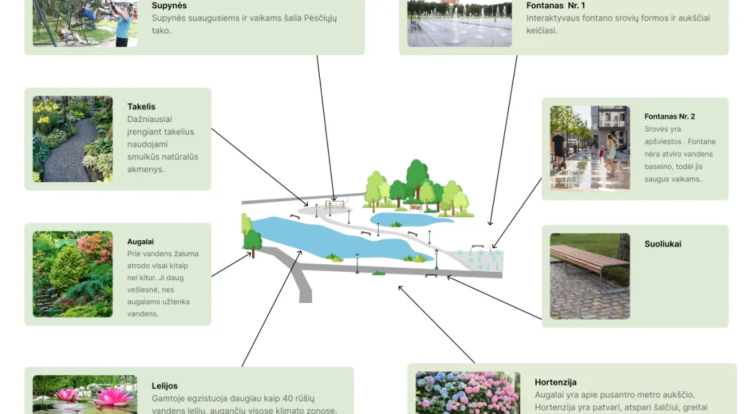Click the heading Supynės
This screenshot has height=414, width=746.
(169, 6)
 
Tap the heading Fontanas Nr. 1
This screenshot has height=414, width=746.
(555, 6)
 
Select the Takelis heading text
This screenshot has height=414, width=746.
(142, 107)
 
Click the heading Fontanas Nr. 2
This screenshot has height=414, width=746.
(669, 117)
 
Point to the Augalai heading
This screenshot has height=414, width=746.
(140, 242)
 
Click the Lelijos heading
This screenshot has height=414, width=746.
(164, 386)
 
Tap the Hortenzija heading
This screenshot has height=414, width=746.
(555, 382)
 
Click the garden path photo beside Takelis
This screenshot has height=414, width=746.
(73, 139)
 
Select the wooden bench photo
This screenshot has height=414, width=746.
(590, 276)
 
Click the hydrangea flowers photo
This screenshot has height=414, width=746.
(468, 393)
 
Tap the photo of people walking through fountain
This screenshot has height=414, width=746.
(590, 148)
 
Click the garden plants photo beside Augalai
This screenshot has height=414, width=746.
(73, 274)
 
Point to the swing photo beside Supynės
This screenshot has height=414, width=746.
(85, 23)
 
